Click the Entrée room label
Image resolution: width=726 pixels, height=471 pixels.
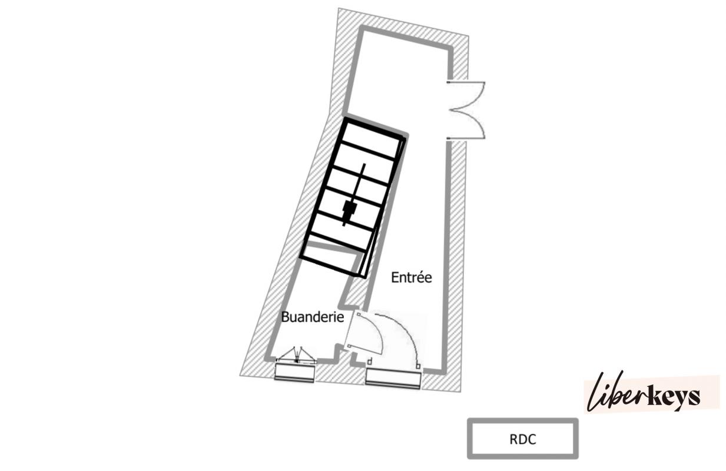[x=412, y=277]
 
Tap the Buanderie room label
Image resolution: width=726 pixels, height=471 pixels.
[x=313, y=317]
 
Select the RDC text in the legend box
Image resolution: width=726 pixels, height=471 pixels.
[x=523, y=439]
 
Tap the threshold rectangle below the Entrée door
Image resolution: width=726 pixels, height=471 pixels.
[x=393, y=379]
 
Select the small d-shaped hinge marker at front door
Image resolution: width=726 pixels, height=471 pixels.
[x=370, y=361]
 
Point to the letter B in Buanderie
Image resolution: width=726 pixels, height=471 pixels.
[x=285, y=317]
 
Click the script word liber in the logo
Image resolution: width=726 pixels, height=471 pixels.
[x=616, y=392]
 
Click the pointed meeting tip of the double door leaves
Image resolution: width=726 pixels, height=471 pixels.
[x=451, y=111]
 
